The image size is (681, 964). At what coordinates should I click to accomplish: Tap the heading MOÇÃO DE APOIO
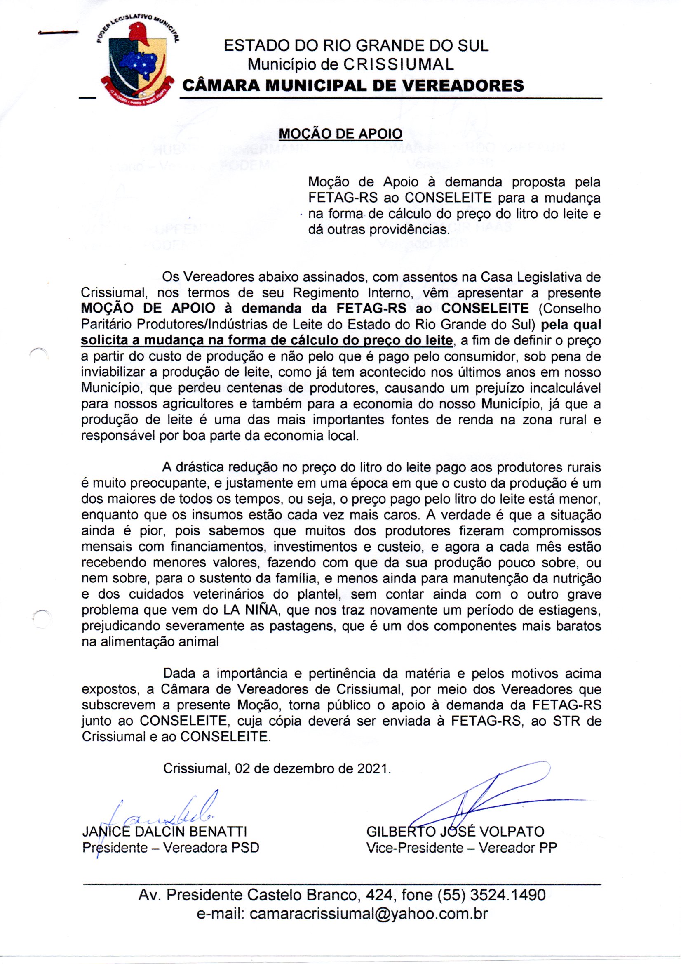tap(340, 134)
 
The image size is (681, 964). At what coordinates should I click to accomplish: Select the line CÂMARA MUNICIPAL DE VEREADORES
tap(353, 86)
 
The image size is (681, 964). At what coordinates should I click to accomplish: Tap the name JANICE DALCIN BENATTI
tap(164, 831)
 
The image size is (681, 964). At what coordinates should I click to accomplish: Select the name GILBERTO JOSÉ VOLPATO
tap(455, 831)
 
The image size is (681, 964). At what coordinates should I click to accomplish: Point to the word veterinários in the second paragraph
tap(228, 594)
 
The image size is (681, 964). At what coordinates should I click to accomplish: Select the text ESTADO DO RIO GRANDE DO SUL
tap(356, 45)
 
